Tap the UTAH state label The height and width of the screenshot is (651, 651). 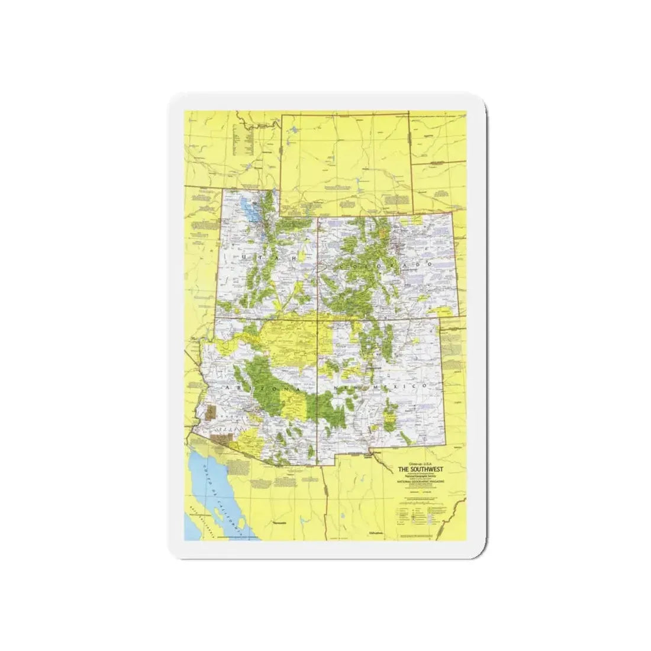tap(260, 258)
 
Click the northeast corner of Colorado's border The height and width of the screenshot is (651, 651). tap(455, 214)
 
